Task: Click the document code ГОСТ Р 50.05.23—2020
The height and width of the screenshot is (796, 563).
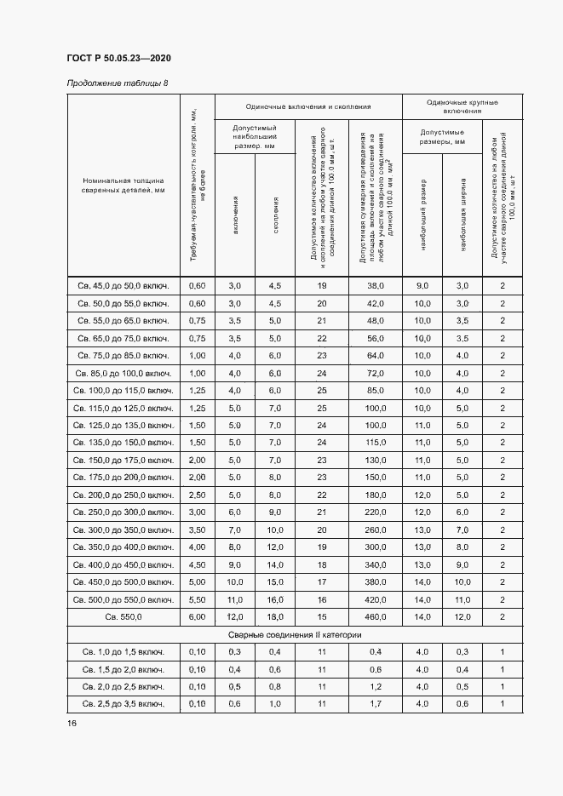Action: [x=118, y=58]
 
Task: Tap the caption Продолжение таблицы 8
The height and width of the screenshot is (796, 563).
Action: [x=117, y=83]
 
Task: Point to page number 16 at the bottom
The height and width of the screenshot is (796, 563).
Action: [x=72, y=723]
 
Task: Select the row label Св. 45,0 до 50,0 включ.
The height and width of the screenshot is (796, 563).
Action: [x=124, y=285]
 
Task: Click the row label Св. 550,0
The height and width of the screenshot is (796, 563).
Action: [x=124, y=616]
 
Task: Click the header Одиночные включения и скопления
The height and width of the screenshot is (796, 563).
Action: [x=308, y=106]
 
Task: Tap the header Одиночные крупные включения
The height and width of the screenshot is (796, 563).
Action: [x=462, y=106]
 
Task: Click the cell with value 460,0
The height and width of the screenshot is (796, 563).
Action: [x=376, y=616]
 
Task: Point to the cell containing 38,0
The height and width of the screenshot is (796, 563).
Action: [x=376, y=285]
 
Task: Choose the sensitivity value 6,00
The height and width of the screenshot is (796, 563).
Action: [x=197, y=616]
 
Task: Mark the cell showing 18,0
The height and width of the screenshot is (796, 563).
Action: [x=275, y=616]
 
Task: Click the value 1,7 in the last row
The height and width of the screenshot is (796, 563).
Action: [x=376, y=703]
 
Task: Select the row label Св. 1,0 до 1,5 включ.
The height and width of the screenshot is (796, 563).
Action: [x=124, y=651]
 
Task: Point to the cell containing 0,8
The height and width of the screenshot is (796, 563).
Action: [x=275, y=686]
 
